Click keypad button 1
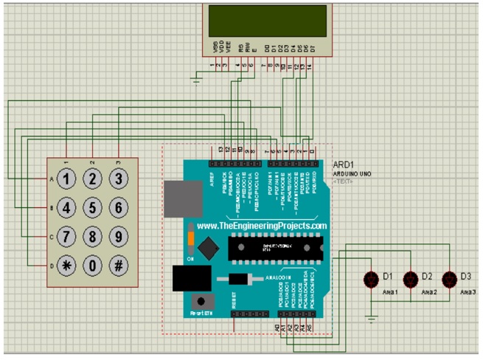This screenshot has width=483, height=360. (67, 179)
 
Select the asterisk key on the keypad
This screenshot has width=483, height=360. (67, 266)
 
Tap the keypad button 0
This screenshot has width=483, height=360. (92, 266)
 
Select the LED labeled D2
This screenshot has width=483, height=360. (410, 279)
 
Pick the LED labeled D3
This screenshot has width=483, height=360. (448, 279)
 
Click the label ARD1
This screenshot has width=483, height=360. (344, 165)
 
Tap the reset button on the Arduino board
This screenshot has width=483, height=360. (199, 301)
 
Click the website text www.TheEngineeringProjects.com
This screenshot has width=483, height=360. (262, 226)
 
